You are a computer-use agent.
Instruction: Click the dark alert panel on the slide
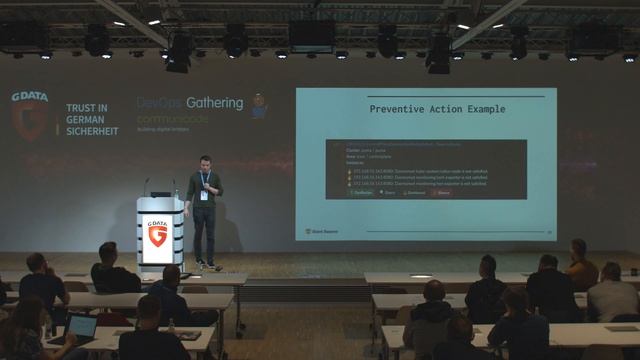point(426,169)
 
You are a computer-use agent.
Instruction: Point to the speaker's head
point(203,162)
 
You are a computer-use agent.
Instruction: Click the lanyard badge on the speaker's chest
point(205,194)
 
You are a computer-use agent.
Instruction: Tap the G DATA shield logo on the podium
point(157,234)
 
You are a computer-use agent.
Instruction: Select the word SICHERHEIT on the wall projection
point(92,131)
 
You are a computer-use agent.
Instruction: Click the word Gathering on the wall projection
point(211,103)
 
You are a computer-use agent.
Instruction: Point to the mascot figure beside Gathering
point(259,106)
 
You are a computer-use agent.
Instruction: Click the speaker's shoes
point(207,265)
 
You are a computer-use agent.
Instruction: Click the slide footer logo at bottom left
point(321,231)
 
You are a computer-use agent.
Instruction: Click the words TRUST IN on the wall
point(87,107)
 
